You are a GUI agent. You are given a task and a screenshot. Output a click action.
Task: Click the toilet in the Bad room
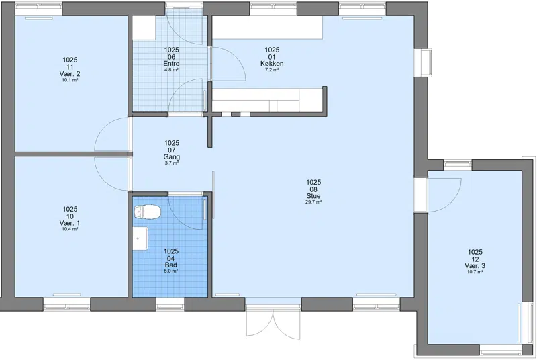pos(148,212)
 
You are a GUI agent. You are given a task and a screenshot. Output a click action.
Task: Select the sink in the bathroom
pos(140,238)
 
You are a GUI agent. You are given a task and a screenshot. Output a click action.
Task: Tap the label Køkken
pos(272,64)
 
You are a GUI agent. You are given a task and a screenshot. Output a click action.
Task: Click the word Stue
pos(313,196)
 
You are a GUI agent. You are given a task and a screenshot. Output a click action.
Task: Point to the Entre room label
pos(171,64)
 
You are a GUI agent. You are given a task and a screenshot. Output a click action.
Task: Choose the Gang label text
pos(172,157)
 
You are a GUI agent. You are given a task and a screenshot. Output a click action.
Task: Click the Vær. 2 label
pos(70,74)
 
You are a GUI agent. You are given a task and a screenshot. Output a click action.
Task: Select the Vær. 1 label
pos(70,224)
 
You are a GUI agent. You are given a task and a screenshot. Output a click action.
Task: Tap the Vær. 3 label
pos(475,266)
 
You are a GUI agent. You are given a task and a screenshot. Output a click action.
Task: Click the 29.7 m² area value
pos(313,202)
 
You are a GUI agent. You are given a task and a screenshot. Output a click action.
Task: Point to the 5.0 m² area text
pos(171,271)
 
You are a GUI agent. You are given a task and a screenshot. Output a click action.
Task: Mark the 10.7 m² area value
pos(475,272)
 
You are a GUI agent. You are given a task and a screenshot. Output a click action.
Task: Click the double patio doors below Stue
pos(273,324)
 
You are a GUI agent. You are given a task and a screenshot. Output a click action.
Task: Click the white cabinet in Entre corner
pos(144,28)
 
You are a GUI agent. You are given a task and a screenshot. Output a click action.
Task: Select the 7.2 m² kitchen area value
pos(272,70)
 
